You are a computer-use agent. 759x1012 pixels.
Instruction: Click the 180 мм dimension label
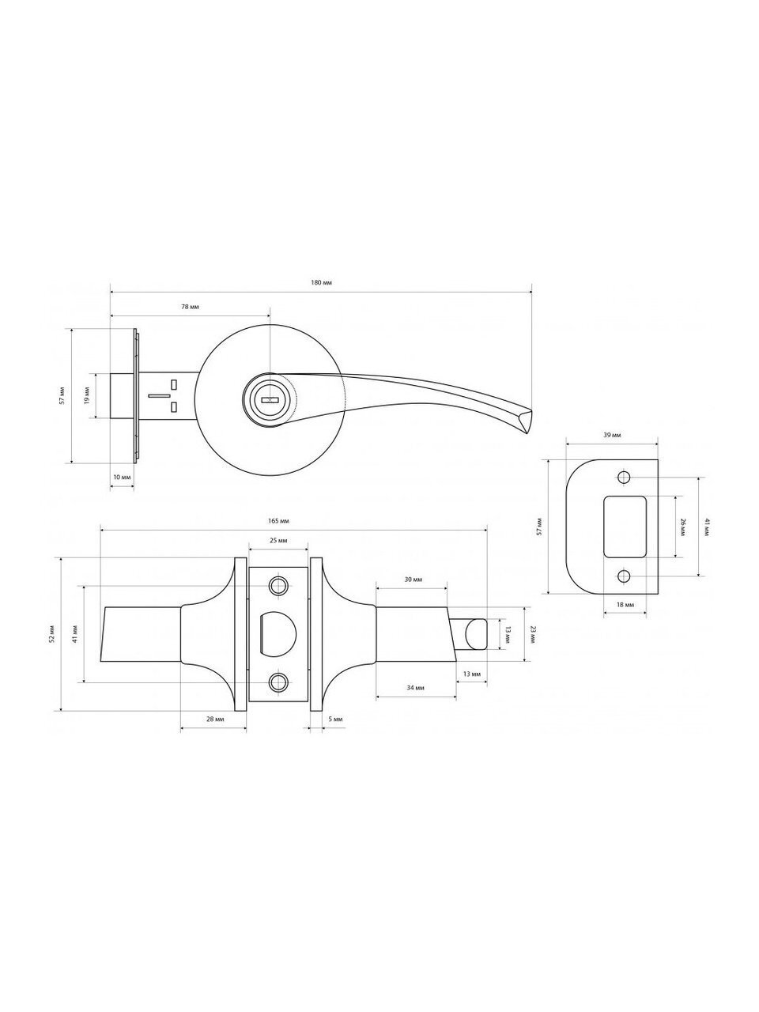[322, 282]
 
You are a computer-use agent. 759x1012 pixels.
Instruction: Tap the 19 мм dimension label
[87, 395]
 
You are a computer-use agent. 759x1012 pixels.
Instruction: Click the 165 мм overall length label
[278, 521]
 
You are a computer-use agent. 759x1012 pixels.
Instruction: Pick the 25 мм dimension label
[278, 540]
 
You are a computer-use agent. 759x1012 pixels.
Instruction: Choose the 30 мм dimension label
[413, 580]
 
